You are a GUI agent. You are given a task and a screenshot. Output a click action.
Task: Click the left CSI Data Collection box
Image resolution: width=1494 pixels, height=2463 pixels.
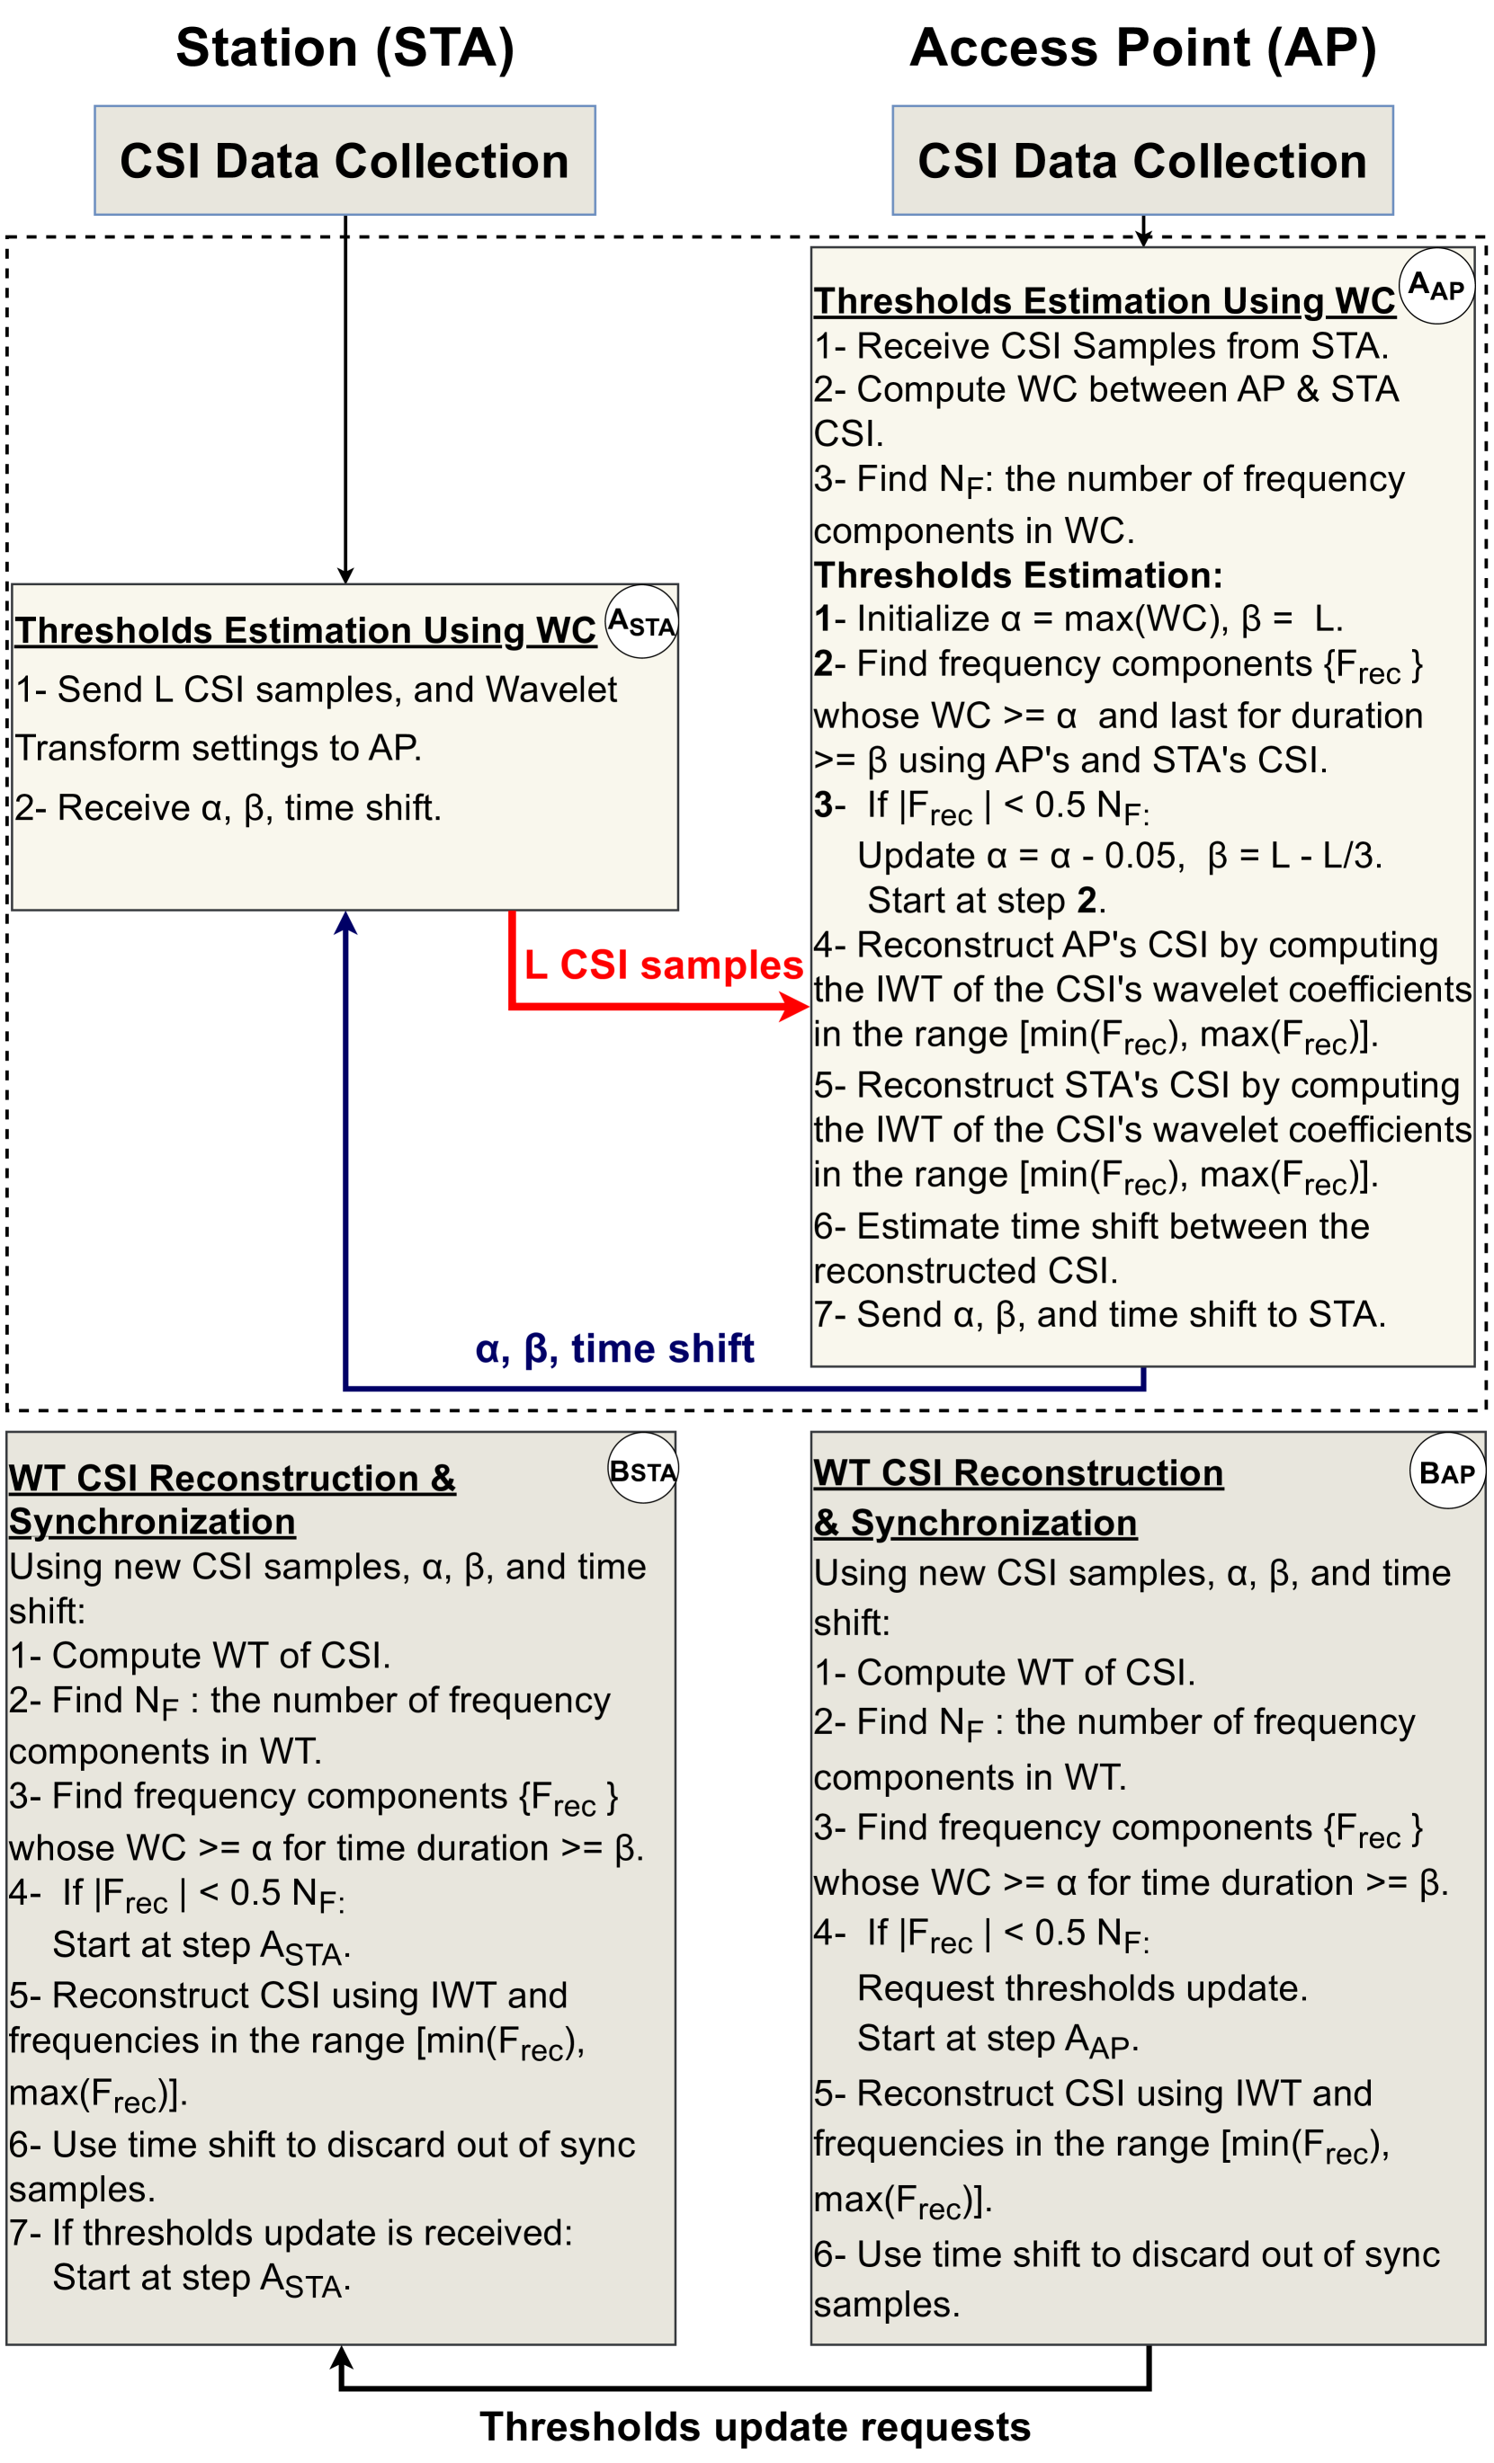point(345,160)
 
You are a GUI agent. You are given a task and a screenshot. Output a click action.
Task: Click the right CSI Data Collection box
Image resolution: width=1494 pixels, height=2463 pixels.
point(1142,160)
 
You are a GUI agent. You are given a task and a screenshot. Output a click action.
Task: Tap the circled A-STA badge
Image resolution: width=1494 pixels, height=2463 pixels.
point(642,622)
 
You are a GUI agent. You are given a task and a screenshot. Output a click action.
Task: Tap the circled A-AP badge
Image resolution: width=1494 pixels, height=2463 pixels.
point(1436,287)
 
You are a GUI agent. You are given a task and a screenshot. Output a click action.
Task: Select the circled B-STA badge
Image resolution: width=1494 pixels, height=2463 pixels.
point(643,1471)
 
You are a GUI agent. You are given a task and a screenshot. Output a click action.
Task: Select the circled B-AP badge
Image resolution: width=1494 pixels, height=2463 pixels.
point(1447,1472)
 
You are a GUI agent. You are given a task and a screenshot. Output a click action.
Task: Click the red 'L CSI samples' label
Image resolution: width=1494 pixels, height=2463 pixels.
point(663,965)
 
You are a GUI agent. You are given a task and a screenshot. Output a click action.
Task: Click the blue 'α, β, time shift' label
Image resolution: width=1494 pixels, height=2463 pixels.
point(614,1348)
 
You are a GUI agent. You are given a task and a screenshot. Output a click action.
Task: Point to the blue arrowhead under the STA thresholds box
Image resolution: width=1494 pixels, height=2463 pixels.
point(345,922)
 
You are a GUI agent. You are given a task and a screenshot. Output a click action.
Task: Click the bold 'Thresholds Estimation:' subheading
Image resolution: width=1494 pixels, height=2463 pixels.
point(1018,576)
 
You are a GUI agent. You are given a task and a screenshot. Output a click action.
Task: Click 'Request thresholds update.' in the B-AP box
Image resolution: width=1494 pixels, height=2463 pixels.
point(1082,1988)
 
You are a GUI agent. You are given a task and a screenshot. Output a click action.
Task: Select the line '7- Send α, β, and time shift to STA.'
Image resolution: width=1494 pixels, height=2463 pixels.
point(1099,1314)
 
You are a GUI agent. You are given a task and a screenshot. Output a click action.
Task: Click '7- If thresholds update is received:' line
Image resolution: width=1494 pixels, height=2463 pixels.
point(291,2232)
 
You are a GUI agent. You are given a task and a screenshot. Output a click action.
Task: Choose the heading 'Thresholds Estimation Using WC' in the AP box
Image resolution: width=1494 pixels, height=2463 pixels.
point(1104,301)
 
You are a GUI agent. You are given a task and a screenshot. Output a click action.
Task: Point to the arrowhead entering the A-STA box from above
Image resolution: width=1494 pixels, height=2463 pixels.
point(345,576)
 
